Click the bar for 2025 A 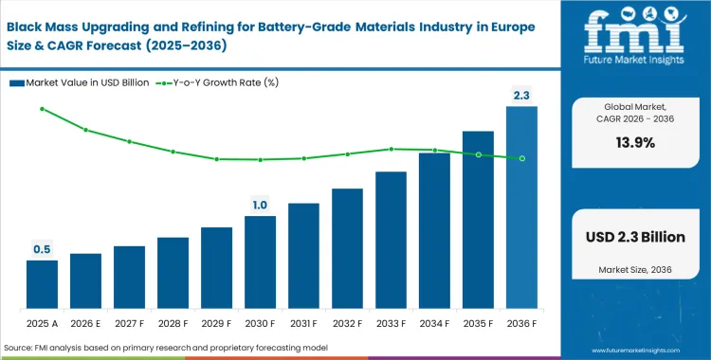click(42, 286)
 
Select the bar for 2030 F click(260, 263)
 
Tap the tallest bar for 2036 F click(521, 208)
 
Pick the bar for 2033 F click(391, 242)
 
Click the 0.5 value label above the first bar click(42, 249)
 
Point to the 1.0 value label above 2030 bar click(260, 205)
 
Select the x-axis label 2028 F click(173, 322)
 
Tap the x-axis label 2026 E click(85, 322)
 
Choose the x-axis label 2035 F click(478, 322)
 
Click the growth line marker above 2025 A click(42, 109)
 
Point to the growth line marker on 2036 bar click(521, 158)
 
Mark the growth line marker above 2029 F click(216, 159)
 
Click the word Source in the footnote click(21, 349)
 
